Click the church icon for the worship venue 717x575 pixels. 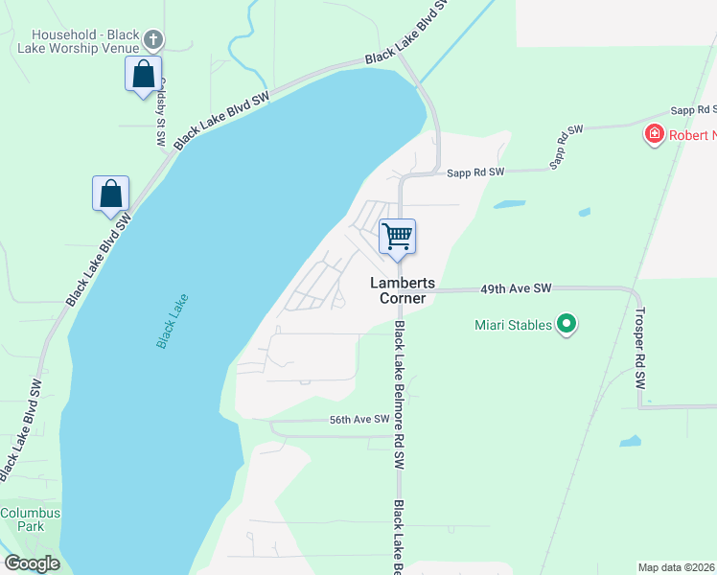[153, 39]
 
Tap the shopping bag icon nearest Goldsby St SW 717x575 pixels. [143, 74]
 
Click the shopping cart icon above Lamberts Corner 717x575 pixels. [397, 235]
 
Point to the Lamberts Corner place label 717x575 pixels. [404, 290]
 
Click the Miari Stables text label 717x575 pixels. [513, 325]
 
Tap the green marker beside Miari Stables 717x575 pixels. [567, 325]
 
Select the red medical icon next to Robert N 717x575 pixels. [655, 135]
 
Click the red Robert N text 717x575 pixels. [693, 135]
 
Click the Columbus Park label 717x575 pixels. [29, 519]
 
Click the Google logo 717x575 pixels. [32, 563]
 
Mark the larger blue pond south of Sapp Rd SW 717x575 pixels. [509, 204]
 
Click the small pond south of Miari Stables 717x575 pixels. [630, 442]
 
